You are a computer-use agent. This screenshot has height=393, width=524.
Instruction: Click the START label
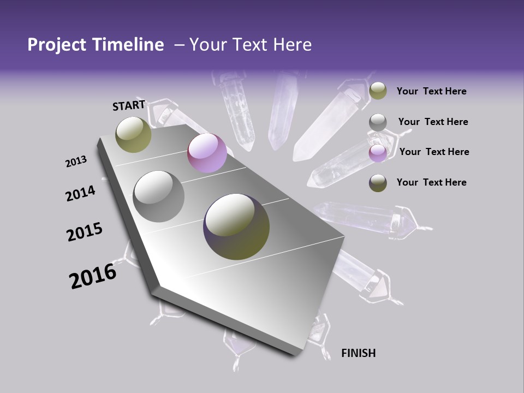pyautogui.click(x=129, y=105)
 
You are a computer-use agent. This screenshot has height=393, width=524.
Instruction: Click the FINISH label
pyautogui.click(x=358, y=353)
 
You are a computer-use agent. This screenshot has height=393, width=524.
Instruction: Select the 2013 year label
pyautogui.click(x=76, y=162)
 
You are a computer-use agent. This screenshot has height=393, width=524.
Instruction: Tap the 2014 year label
pyautogui.click(x=81, y=193)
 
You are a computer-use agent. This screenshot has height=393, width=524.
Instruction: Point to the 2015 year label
pyautogui.click(x=85, y=232)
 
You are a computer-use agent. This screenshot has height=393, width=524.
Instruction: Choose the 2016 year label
pyautogui.click(x=93, y=276)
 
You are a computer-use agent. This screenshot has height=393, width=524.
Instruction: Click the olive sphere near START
pyautogui.click(x=133, y=134)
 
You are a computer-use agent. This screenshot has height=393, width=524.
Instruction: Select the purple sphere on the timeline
pyautogui.click(x=207, y=153)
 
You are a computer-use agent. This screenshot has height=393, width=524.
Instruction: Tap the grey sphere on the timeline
pyautogui.click(x=159, y=196)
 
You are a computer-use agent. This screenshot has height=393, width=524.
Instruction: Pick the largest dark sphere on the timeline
pyautogui.click(x=236, y=226)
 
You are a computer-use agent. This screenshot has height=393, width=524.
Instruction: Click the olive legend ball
pyautogui.click(x=378, y=91)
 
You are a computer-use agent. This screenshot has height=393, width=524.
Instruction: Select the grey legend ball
pyautogui.click(x=378, y=122)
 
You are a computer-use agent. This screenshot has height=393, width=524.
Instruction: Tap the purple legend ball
pyautogui.click(x=378, y=153)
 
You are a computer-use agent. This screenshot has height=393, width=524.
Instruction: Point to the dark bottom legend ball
pyautogui.click(x=378, y=183)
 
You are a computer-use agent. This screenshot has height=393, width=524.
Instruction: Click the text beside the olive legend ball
pyautogui.click(x=431, y=91)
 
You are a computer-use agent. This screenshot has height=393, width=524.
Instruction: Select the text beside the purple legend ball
pyautogui.click(x=434, y=152)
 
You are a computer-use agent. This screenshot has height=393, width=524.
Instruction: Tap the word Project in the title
pyautogui.click(x=57, y=45)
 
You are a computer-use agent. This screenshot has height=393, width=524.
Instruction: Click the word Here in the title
pyautogui.click(x=293, y=45)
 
